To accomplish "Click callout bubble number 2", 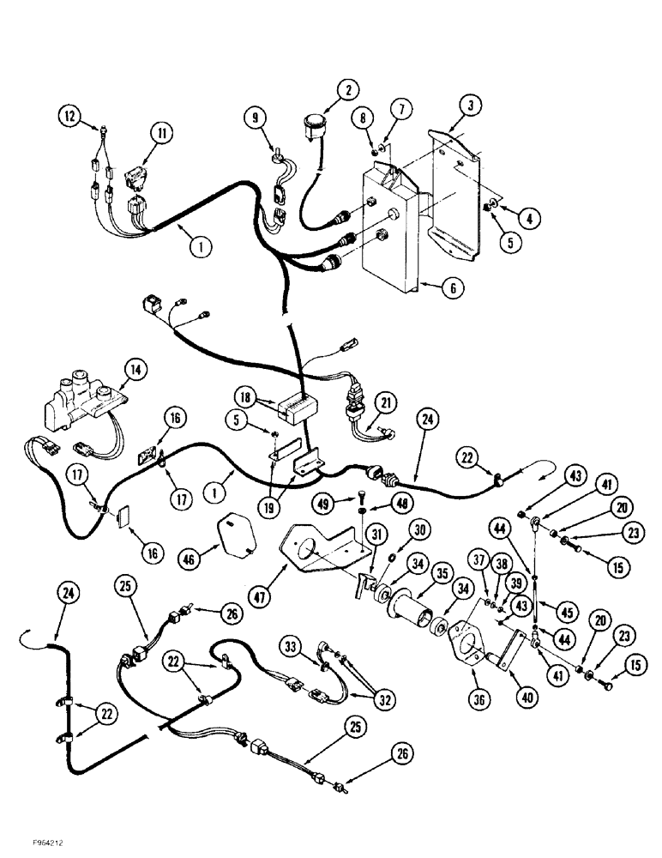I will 347,89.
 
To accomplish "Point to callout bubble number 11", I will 162,132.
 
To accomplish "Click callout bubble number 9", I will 254,117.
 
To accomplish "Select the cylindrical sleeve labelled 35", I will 420,609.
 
